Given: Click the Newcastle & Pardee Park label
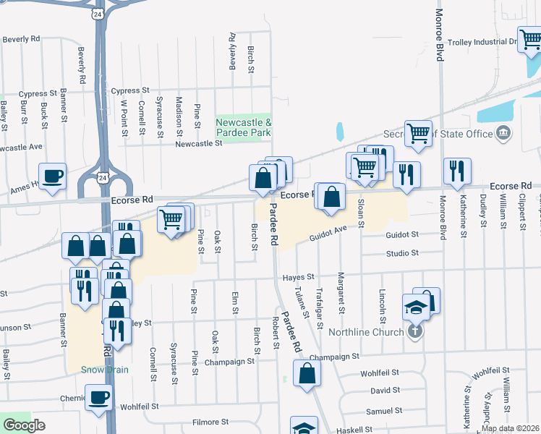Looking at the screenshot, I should (x=244, y=128).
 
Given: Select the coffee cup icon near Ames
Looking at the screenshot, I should (x=52, y=176).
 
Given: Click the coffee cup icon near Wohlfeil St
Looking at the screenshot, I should (x=98, y=396).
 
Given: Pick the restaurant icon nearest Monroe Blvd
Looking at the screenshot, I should (x=456, y=171).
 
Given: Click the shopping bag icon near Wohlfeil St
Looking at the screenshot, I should (x=307, y=373).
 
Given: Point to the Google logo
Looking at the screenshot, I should (x=25, y=425).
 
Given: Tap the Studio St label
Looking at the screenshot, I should (x=402, y=253).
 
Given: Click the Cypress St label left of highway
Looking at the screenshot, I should (x=38, y=94).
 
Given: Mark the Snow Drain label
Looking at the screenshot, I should (x=105, y=370).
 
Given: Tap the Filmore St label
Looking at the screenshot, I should (x=210, y=422).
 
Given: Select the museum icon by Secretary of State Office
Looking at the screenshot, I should (x=503, y=133).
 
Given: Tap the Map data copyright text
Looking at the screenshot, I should (x=510, y=428).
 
